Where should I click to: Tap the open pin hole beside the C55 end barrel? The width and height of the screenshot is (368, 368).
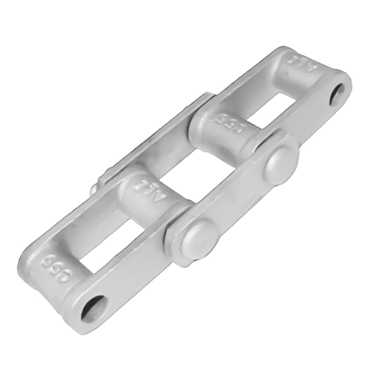point(94,308)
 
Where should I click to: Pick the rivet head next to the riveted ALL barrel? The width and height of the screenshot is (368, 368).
point(199,239)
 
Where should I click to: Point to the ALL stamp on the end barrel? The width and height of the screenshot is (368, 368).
point(297,64)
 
